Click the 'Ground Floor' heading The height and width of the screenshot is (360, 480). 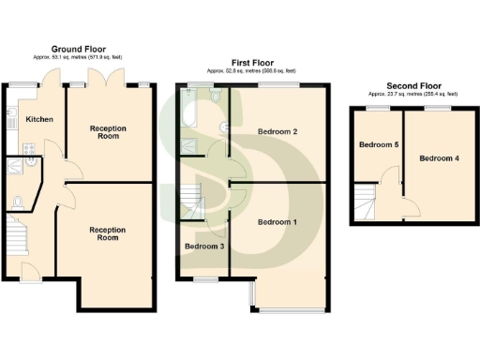pyautogui.click(x=78, y=49)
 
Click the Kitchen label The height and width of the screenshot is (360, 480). pyautogui.click(x=39, y=120)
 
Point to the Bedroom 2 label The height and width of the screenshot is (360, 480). pyautogui.click(x=277, y=132)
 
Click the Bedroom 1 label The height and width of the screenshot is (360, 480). pyautogui.click(x=277, y=222)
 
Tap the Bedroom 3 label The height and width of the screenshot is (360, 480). pyautogui.click(x=203, y=247)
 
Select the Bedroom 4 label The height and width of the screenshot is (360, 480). pyautogui.click(x=440, y=158)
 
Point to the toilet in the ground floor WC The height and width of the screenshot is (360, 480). pyautogui.click(x=19, y=201)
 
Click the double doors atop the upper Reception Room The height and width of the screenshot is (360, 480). pyautogui.click(x=100, y=77)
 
